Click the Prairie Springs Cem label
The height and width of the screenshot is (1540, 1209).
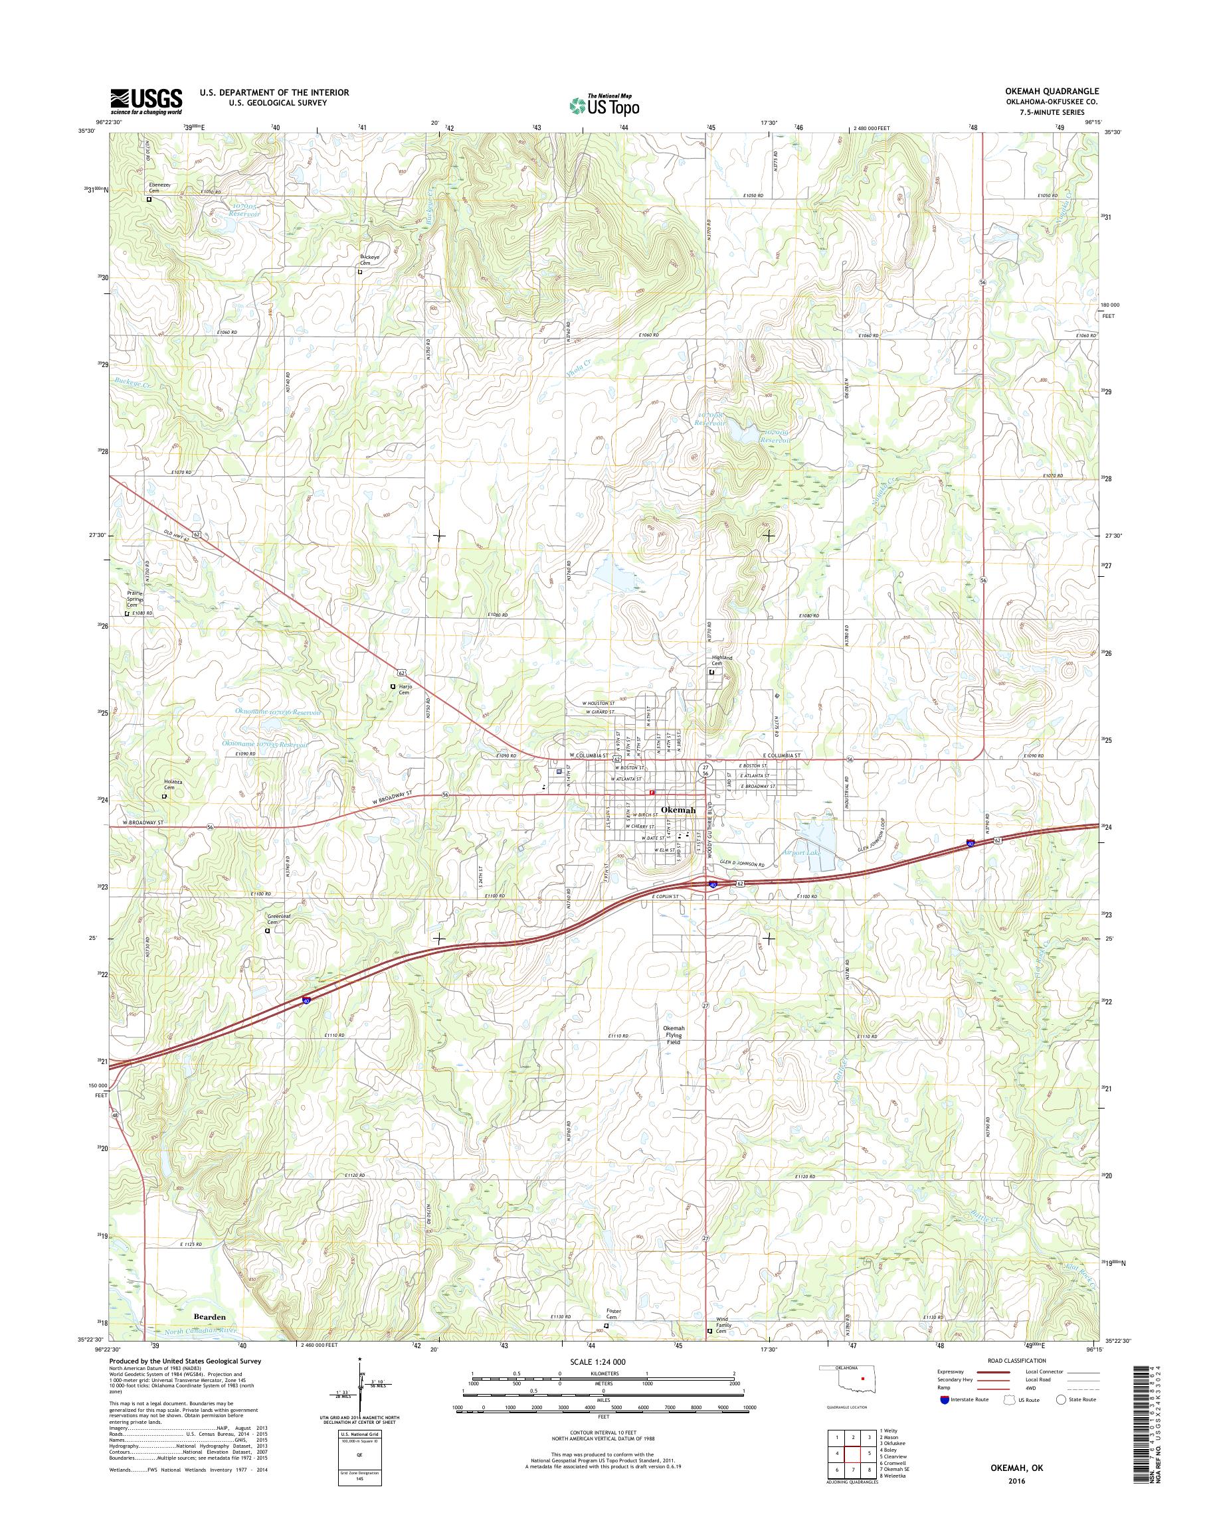pyautogui.click(x=134, y=599)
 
